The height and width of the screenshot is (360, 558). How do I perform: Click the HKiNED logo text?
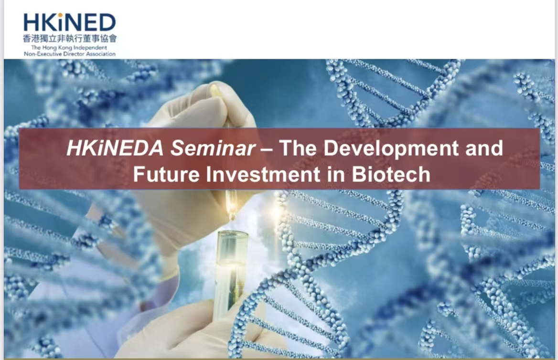[x=70, y=22]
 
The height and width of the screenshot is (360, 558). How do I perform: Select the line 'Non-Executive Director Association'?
[x=70, y=54]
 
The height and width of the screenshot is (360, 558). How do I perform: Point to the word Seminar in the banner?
[x=214, y=148]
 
